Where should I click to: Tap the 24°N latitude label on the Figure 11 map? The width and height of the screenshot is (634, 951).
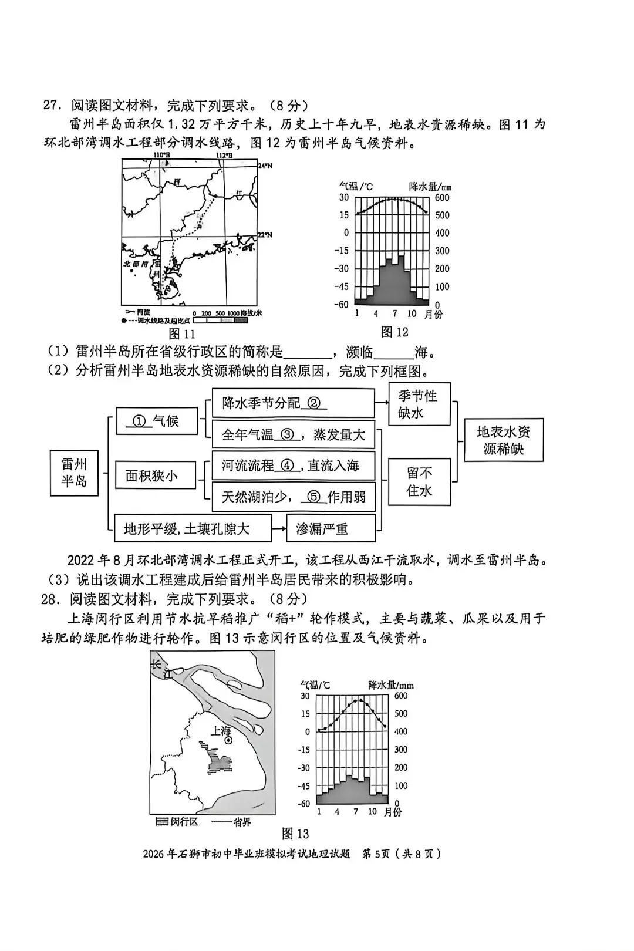point(266,166)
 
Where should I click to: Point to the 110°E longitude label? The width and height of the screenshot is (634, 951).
point(161,155)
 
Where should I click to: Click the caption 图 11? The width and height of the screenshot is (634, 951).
point(181,334)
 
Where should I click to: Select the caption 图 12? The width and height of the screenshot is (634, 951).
point(394,332)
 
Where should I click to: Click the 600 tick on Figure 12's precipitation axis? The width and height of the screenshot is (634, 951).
point(442,198)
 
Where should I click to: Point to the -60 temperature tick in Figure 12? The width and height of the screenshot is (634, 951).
point(342,304)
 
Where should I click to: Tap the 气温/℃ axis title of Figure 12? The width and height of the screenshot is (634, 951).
point(356,186)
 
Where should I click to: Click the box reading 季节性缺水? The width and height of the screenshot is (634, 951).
point(419,404)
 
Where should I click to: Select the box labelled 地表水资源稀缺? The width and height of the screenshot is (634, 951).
point(503,440)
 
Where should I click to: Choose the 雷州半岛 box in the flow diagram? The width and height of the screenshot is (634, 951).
point(74,473)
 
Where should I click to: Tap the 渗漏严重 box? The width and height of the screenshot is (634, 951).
point(331,528)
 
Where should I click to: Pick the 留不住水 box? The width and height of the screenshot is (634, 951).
point(419,482)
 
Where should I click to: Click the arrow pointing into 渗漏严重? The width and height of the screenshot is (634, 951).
point(279,528)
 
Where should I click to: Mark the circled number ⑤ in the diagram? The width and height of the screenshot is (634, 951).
point(314,497)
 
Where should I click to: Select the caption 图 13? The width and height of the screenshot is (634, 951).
point(295,834)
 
